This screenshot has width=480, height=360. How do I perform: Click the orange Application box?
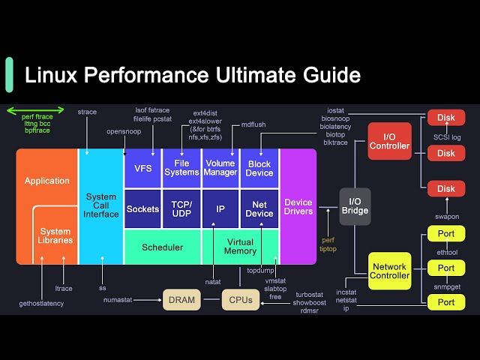pos(46,181)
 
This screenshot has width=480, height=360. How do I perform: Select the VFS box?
pos(142,169)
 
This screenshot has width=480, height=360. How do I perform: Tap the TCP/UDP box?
pos(181,208)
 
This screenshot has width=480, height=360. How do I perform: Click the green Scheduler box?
pos(162,247)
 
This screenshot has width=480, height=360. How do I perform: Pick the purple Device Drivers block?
pos(298,207)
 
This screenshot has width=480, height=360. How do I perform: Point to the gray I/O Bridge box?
pos(355,206)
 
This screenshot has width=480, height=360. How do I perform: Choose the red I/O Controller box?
pos(390,141)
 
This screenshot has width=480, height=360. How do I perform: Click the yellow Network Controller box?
pos(390,271)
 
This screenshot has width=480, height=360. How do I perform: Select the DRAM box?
pos(182,300)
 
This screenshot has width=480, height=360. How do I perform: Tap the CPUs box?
pos(241,300)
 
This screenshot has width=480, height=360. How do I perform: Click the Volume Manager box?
pos(220,168)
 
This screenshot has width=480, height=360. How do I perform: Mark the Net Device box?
pos(259,208)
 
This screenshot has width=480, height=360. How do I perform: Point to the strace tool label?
pos(87,112)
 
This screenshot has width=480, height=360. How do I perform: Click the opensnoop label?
pos(123,131)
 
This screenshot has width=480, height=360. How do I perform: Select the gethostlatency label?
pos(41,303)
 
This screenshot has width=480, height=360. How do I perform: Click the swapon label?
pos(446,217)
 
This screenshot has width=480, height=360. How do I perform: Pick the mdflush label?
pos(253,124)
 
